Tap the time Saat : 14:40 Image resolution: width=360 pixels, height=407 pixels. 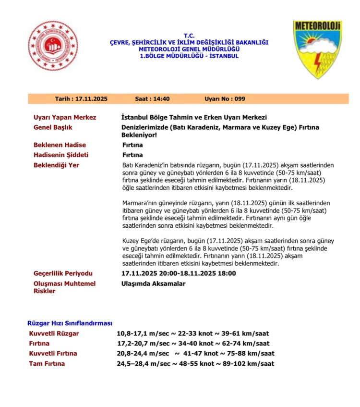tap(152, 99)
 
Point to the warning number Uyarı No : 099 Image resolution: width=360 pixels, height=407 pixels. tap(225, 99)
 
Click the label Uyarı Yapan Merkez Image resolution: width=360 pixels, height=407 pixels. tap(65, 117)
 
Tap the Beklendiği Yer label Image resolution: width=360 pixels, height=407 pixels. tap(56, 165)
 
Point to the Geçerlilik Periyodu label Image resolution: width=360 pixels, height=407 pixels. tap(63, 273)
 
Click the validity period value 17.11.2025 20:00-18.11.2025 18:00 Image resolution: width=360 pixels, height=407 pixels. tap(179, 273)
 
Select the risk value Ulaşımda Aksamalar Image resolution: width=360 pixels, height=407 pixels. tap(153, 284)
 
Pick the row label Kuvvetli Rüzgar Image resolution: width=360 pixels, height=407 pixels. tap(54, 333)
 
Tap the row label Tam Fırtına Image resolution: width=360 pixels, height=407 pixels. tap(47, 363)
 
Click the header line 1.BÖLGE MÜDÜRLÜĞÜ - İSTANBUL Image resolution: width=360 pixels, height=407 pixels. tap(189, 56)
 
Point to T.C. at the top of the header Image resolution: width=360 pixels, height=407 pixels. tap(189, 36)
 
